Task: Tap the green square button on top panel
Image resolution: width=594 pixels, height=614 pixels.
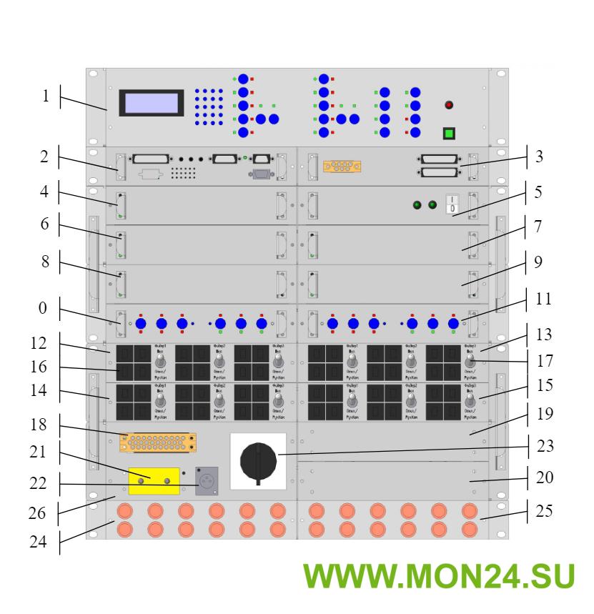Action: tap(449, 133)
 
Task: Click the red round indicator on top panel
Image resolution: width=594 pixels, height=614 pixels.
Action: tap(449, 105)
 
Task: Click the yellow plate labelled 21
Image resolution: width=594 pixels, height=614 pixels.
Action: tap(154, 481)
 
